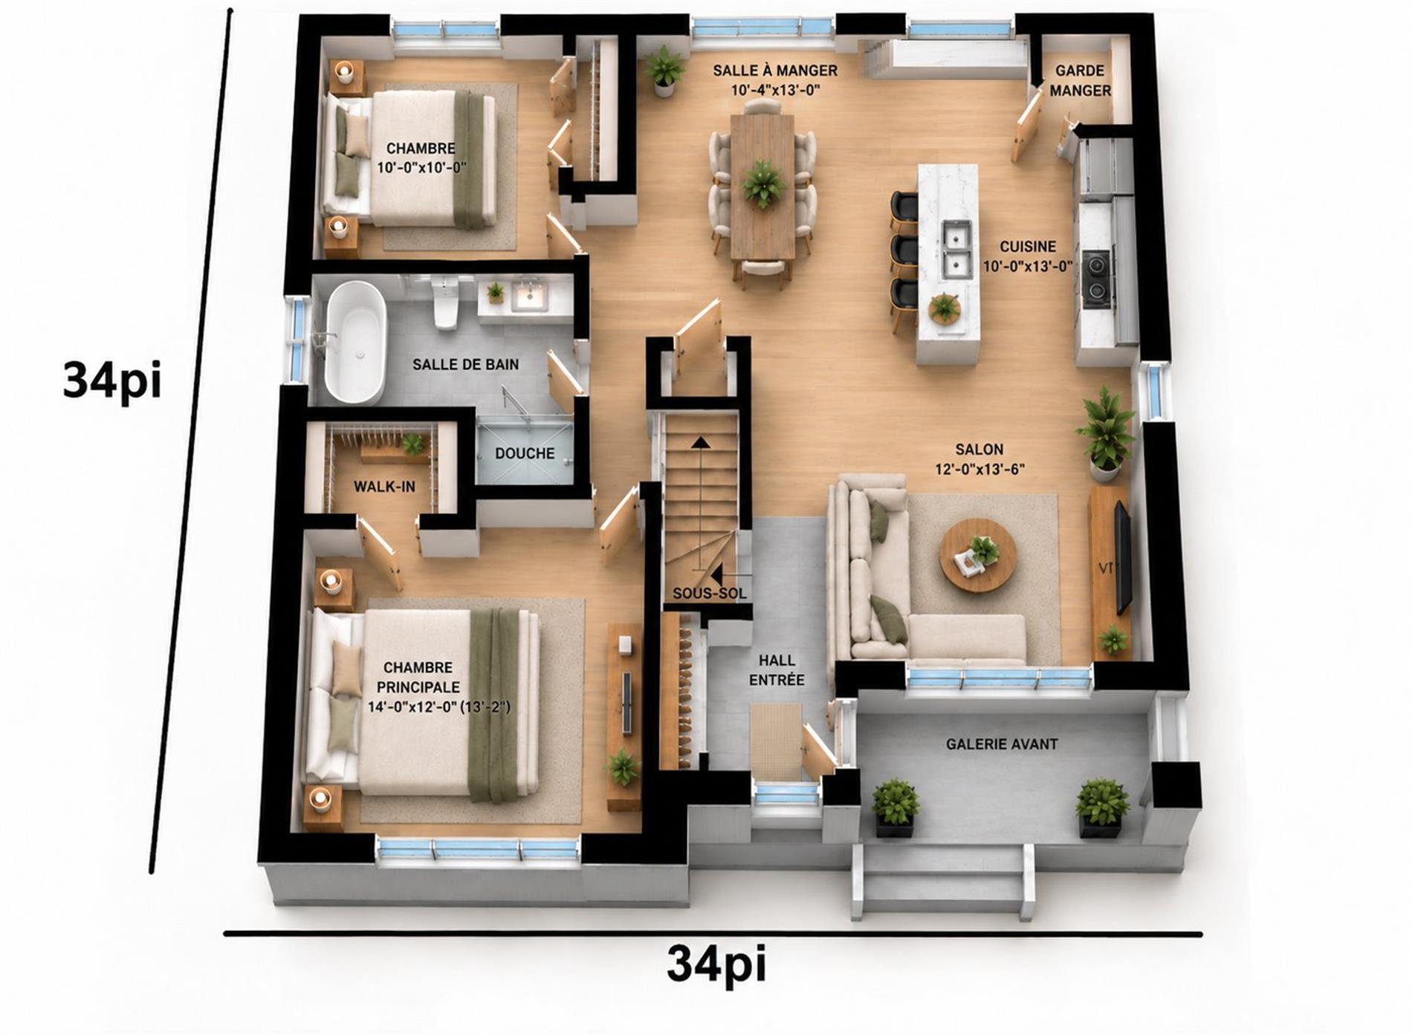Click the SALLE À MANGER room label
coord(775,71)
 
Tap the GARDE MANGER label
coord(1080,80)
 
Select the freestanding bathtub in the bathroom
coord(356,342)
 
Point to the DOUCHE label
coord(525,453)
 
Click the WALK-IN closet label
coord(384,487)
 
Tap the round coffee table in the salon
coord(978,555)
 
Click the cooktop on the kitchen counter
coord(1097,279)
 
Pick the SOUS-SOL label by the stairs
coord(710,594)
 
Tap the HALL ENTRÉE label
coord(777,669)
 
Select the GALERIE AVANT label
coord(1002,744)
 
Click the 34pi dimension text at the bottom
coord(716,964)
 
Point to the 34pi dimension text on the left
coord(111,380)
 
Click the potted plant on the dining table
coord(762,184)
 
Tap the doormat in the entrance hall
coord(776,742)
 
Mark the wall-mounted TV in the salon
coord(1122,557)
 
